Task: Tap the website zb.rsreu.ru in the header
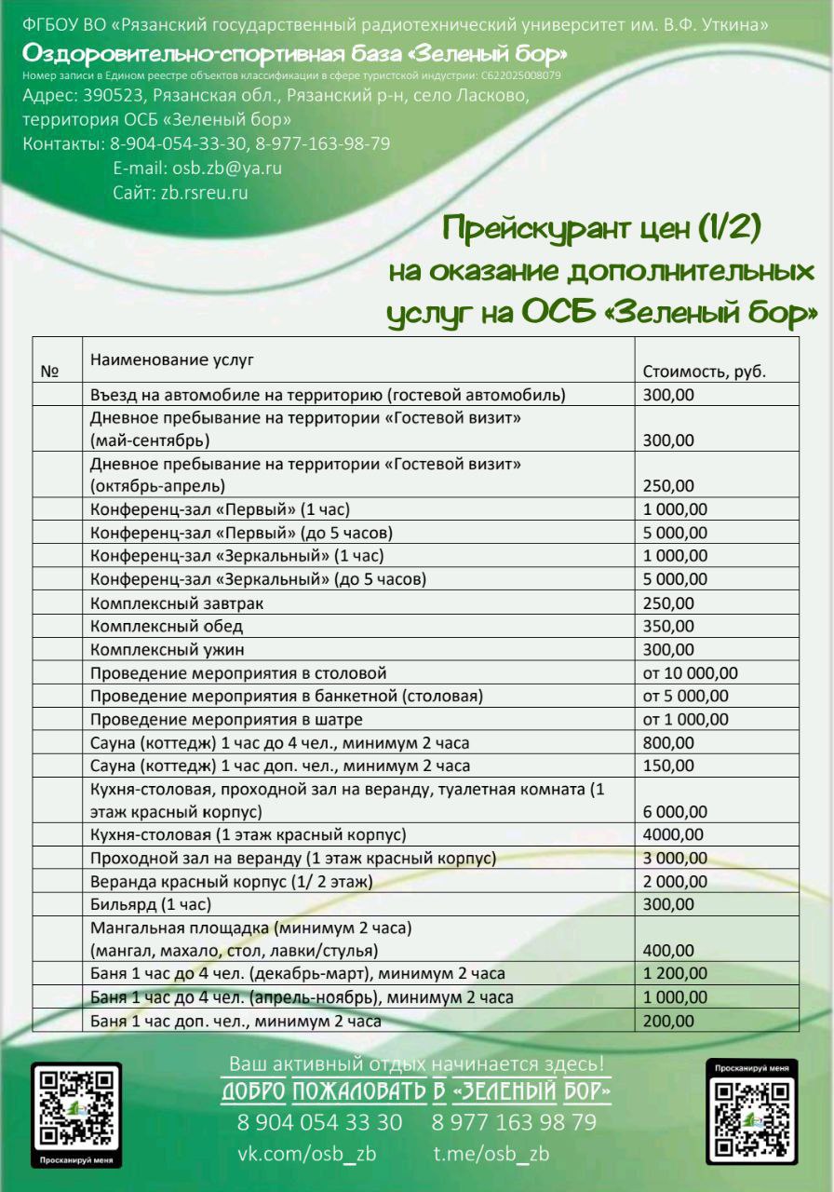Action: [x=205, y=193]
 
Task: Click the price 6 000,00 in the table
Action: [x=675, y=811]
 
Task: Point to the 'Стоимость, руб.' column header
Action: [x=704, y=371]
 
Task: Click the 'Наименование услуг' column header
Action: [x=171, y=358]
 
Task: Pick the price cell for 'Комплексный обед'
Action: [x=668, y=626]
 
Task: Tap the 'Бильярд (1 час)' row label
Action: [x=151, y=904]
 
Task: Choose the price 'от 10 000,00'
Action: [x=690, y=672]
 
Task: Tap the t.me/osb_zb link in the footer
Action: [x=491, y=1153]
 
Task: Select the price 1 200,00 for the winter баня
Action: [x=675, y=974]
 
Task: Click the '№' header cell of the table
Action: [x=50, y=371]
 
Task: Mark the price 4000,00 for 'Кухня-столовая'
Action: [x=673, y=834]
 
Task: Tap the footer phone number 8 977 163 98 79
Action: [x=514, y=1121]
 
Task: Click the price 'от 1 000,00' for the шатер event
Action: [x=685, y=719]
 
